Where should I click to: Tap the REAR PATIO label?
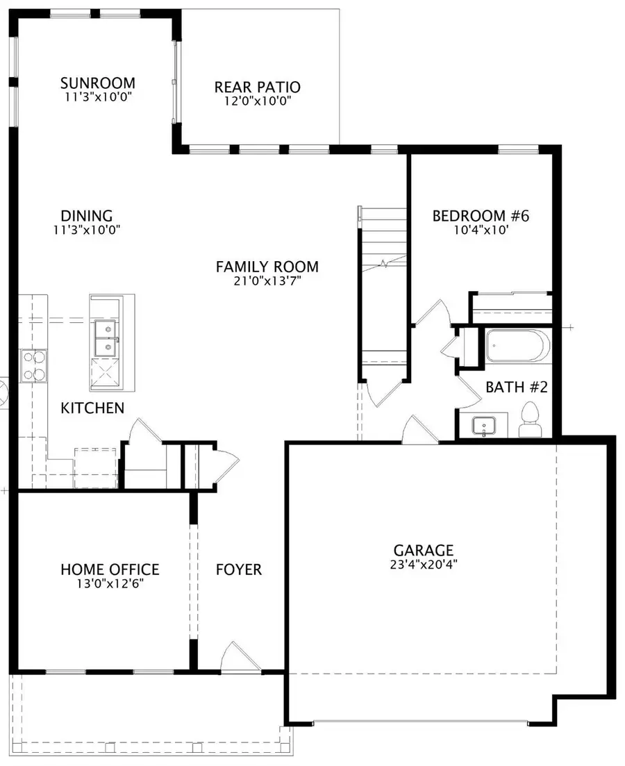click(257, 88)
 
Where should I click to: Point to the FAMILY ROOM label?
click(267, 267)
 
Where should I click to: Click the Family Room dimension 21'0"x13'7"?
click(267, 281)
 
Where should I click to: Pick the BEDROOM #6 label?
click(481, 216)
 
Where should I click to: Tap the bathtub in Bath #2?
click(517, 346)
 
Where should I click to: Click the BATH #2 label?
click(517, 388)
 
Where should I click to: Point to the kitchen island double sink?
click(105, 338)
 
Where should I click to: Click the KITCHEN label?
click(92, 408)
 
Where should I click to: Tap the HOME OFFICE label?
click(110, 570)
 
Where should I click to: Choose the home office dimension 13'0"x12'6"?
click(110, 584)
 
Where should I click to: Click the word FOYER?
click(239, 570)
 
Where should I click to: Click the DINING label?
click(87, 216)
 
